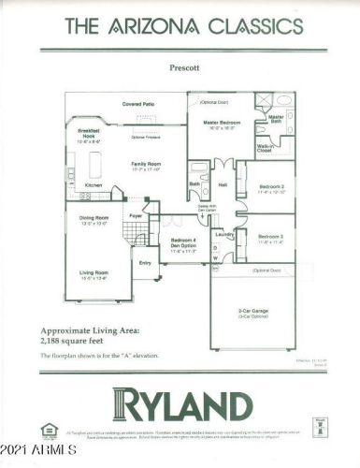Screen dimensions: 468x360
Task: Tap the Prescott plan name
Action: [x=180, y=68]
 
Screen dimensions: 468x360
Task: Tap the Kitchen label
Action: [x=94, y=185]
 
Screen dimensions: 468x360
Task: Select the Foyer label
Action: [x=135, y=216]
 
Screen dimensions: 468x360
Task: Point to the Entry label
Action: [x=145, y=263]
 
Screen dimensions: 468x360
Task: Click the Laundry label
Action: [x=223, y=233]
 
